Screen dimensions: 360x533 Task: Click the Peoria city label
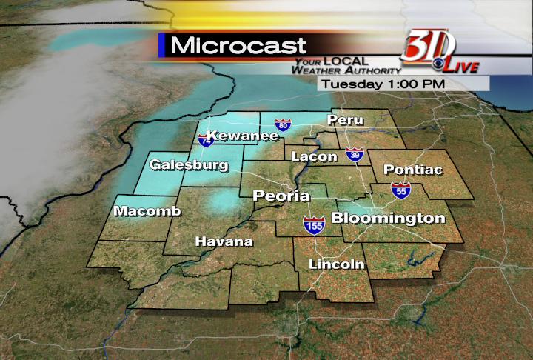point(281,196)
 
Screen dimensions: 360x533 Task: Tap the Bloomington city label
point(388,218)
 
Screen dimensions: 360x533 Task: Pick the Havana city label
point(224,241)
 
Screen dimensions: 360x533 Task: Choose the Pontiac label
point(413,170)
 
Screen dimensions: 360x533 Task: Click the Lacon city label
point(314,156)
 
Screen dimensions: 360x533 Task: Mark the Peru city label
point(346,119)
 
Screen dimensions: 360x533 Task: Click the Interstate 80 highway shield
point(282,125)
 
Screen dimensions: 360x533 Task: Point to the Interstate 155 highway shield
point(314,225)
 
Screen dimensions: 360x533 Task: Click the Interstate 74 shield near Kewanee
point(205,139)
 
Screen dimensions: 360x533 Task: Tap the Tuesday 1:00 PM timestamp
point(381,84)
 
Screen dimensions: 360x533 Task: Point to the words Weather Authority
point(342,70)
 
